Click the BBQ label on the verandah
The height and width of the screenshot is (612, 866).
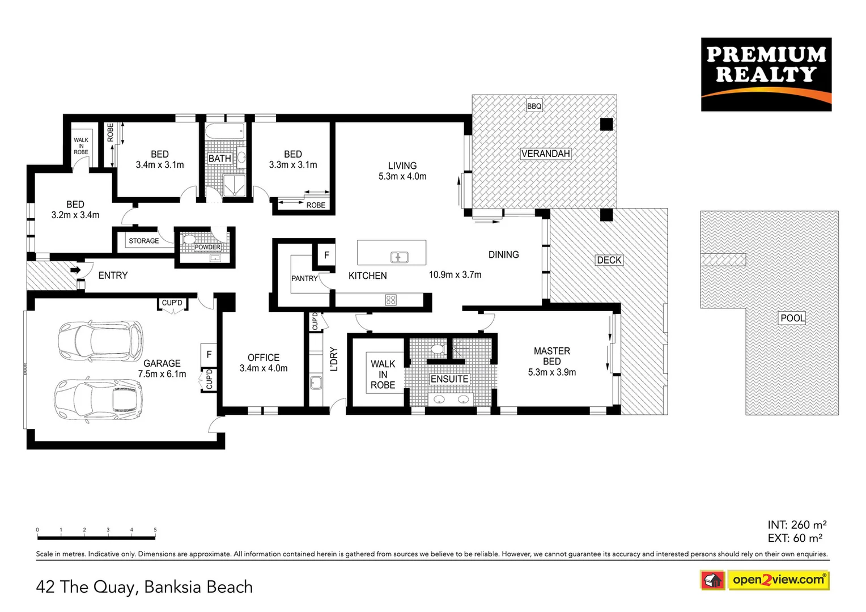534,106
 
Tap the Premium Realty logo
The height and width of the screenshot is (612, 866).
766,74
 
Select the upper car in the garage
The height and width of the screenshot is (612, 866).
101,341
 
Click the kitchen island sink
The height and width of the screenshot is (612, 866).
399,257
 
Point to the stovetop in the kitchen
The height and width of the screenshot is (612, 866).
391,300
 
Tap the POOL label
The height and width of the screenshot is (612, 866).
792,318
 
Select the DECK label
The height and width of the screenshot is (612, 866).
609,260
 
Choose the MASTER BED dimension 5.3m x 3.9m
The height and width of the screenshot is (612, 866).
551,372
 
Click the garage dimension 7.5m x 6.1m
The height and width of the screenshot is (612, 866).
162,374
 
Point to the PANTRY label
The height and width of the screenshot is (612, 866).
304,278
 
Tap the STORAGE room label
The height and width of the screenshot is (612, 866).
143,241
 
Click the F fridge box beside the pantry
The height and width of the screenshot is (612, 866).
326,255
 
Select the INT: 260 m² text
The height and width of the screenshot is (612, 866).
796,525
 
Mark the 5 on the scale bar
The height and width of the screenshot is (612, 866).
155,530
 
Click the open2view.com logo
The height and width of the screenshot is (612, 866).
778,580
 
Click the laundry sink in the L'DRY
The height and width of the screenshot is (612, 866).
316,383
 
